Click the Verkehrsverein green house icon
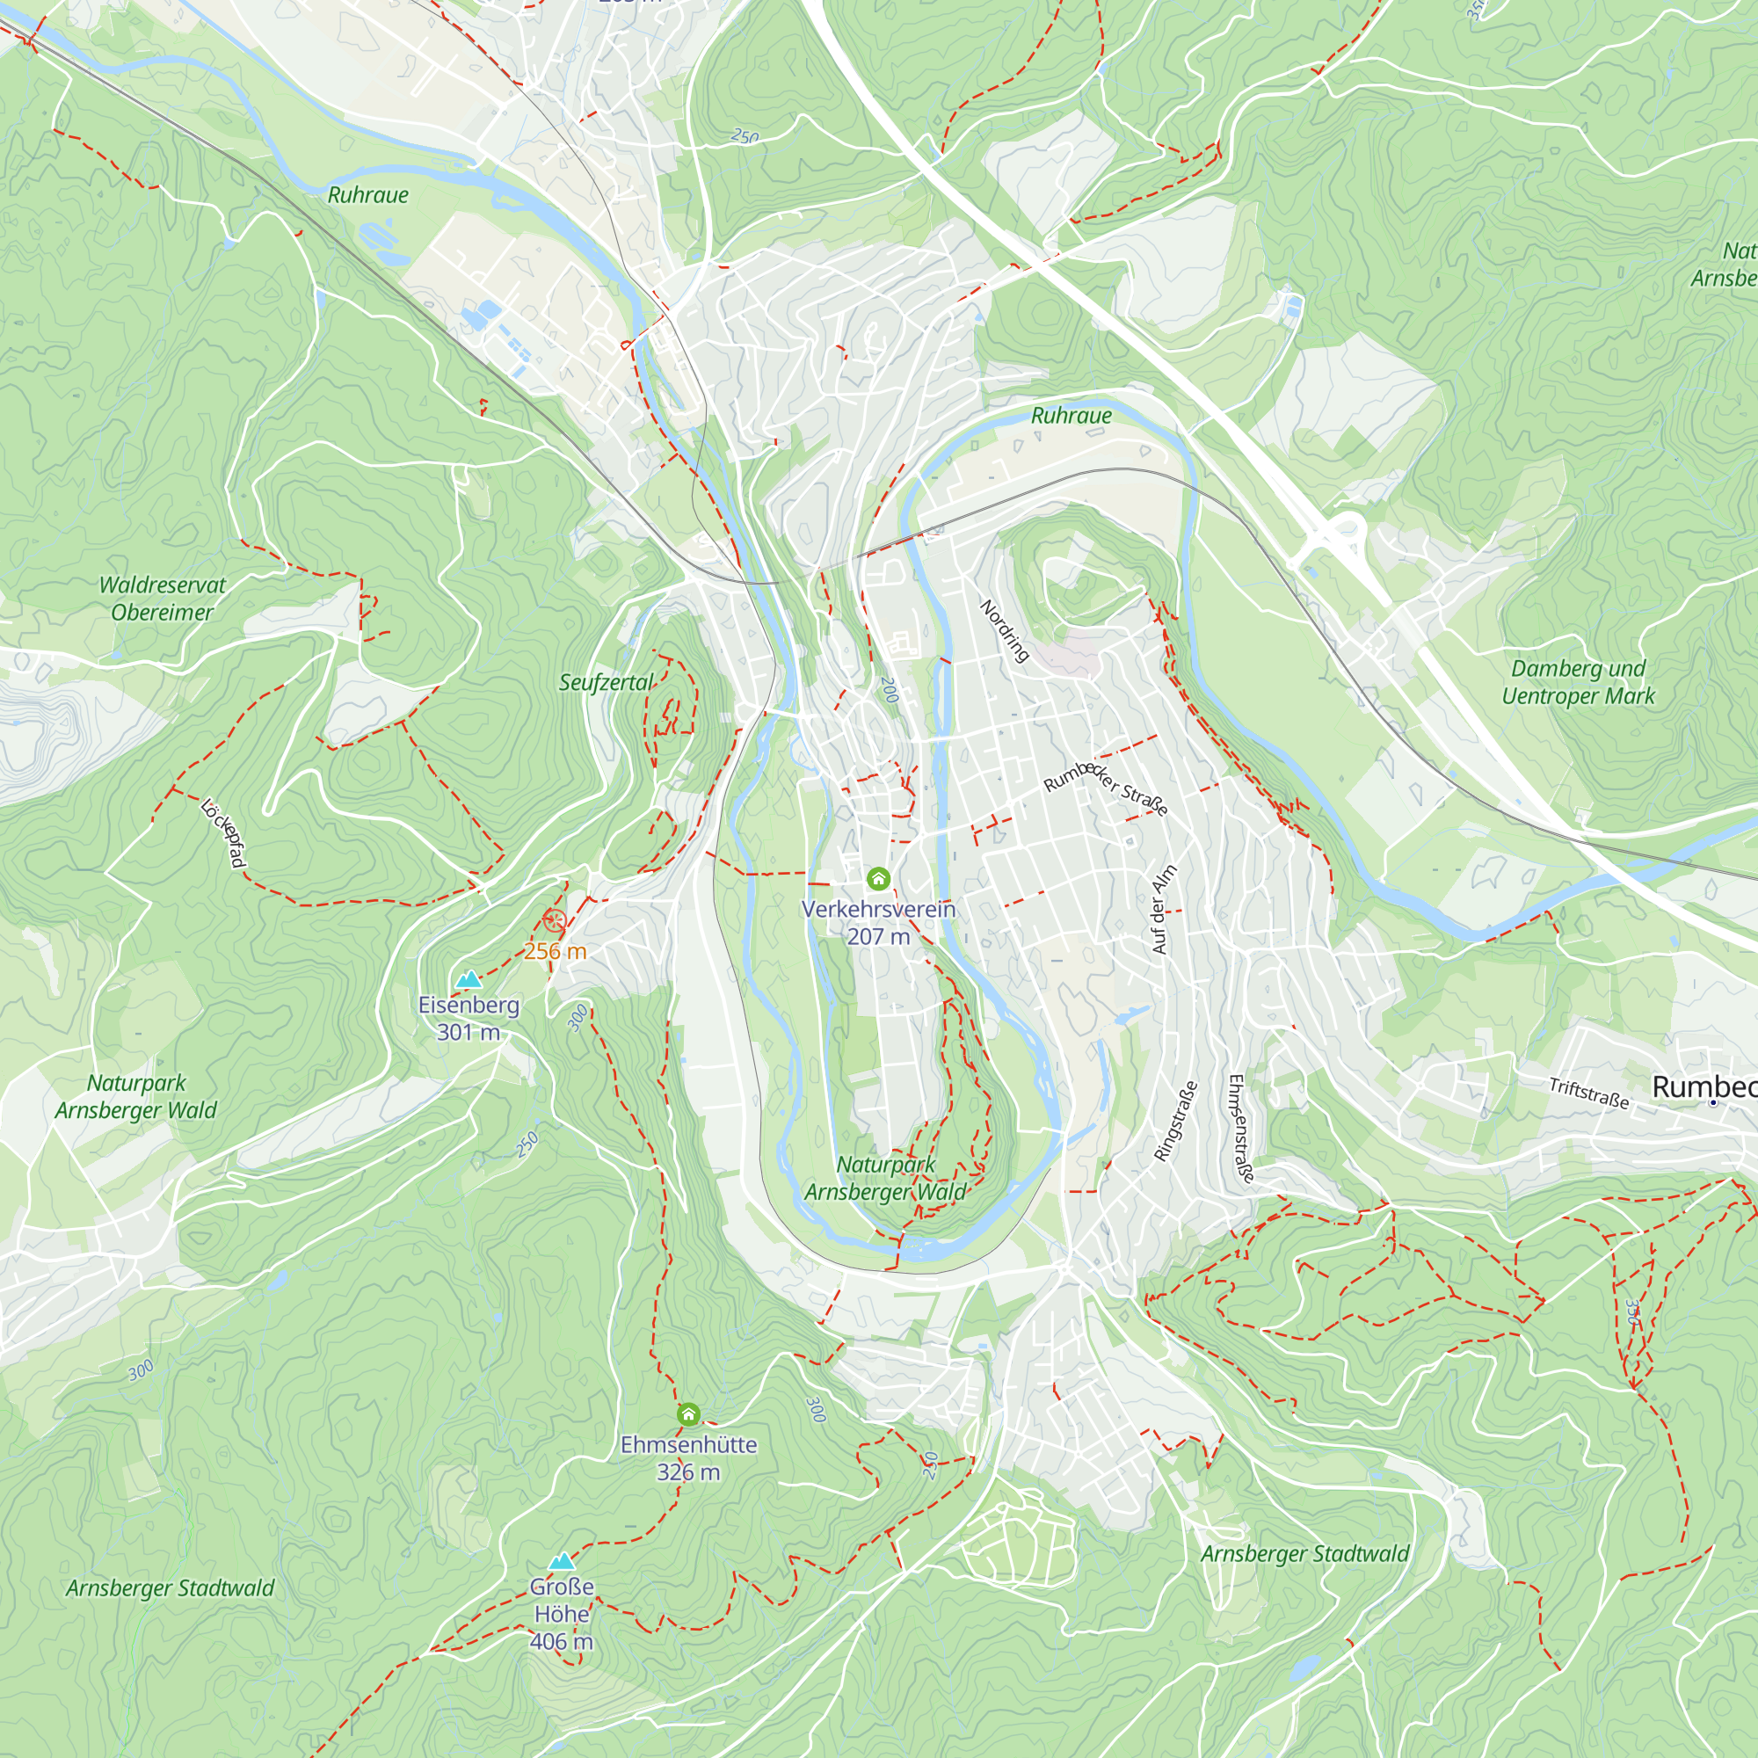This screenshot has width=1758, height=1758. point(877,878)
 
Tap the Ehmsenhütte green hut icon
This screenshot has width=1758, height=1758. point(689,1414)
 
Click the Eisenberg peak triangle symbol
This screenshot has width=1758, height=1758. point(469,980)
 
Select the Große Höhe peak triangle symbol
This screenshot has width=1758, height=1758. point(563,1561)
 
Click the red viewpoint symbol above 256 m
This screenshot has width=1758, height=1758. point(554,921)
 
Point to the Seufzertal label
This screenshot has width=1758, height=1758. point(606,682)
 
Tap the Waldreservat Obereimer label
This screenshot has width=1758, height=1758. point(162,599)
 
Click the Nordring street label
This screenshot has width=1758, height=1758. point(1005,630)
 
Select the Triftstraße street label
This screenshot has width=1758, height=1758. point(1588,1093)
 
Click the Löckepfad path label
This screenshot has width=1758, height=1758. point(223,832)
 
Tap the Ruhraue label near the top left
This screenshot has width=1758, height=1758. point(367,195)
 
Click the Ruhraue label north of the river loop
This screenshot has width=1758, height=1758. point(1071,416)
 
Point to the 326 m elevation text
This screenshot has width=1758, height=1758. point(688,1472)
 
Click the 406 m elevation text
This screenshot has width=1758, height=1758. point(562,1641)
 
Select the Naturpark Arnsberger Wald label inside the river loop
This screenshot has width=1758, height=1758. point(885,1179)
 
